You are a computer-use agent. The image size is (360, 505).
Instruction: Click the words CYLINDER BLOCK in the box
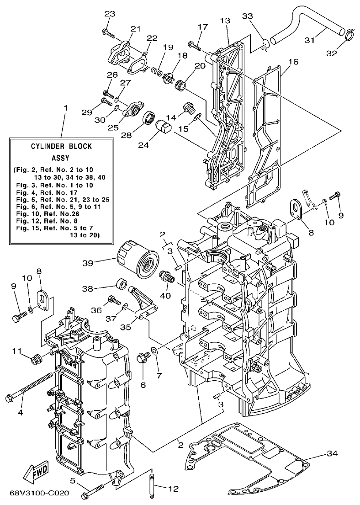[x=61, y=147]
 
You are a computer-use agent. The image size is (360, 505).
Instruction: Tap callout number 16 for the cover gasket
[x=293, y=62]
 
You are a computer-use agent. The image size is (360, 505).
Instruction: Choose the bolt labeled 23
[x=107, y=32]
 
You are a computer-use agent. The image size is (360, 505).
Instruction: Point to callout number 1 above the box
[x=65, y=108]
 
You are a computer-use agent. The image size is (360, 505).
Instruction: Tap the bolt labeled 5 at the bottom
[x=94, y=493]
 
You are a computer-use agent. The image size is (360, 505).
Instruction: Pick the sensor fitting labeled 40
[x=166, y=276]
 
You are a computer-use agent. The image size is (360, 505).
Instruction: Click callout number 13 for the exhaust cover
[x=224, y=21]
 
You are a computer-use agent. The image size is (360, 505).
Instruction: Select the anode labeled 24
[x=164, y=126]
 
